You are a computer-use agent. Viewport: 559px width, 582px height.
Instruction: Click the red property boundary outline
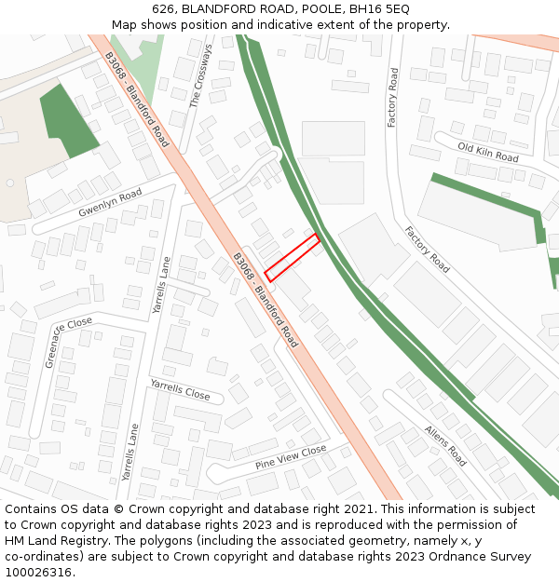click(293, 258)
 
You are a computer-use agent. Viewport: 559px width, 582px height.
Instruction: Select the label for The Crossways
click(200, 75)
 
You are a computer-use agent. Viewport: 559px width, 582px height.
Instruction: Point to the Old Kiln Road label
click(488, 152)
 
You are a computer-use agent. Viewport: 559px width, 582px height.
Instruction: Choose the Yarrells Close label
click(180, 388)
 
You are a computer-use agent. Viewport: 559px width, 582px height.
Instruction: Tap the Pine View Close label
click(291, 456)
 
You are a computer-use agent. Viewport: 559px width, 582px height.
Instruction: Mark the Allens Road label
click(445, 445)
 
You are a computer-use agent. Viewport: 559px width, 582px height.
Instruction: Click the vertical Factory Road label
click(393, 97)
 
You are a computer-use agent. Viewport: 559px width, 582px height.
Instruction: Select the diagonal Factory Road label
click(427, 250)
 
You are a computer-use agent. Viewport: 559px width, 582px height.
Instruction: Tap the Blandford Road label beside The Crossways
click(137, 99)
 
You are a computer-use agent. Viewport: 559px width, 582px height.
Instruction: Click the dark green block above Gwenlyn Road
click(67, 121)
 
